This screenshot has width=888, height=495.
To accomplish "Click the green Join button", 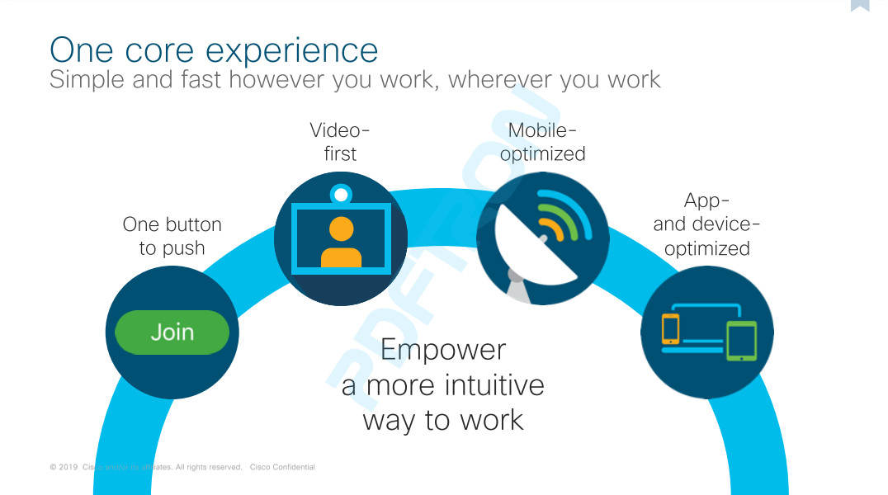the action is click(x=172, y=332).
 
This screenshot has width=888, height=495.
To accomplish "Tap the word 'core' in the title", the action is click(x=159, y=51).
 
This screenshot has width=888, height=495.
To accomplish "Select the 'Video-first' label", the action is click(x=340, y=142).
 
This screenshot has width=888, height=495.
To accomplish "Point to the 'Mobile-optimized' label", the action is click(x=542, y=142).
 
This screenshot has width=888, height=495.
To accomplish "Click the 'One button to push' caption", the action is click(x=172, y=236).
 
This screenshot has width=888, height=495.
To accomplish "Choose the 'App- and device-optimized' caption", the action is click(x=706, y=224).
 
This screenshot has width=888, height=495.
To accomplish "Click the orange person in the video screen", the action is click(x=341, y=242).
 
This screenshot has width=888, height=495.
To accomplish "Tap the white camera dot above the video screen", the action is click(x=341, y=195).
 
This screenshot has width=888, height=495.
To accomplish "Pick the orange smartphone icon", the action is click(x=670, y=328).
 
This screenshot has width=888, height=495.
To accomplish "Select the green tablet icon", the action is click(x=741, y=341).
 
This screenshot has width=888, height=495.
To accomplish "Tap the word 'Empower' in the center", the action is click(x=443, y=350).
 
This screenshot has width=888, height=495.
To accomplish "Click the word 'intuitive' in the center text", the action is click(x=494, y=385).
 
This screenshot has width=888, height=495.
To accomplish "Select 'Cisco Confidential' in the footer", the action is click(x=282, y=467).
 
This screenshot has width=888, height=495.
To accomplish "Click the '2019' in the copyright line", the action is click(x=68, y=467).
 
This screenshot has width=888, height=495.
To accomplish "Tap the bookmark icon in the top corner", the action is click(x=860, y=5).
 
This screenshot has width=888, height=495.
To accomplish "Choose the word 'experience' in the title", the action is click(x=291, y=52).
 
